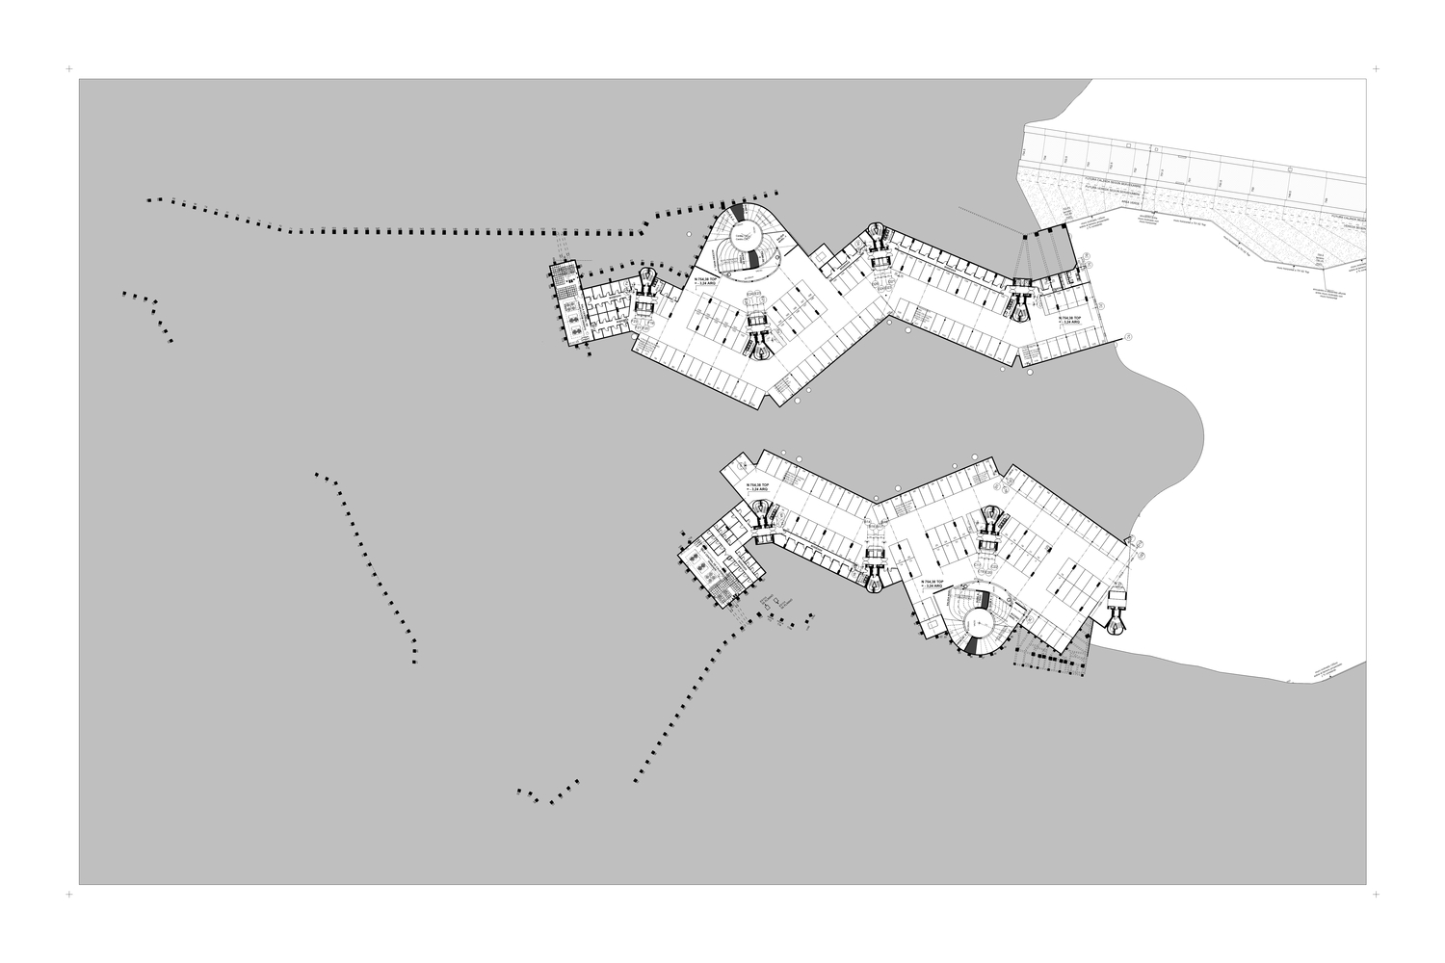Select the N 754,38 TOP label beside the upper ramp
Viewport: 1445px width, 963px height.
(704, 281)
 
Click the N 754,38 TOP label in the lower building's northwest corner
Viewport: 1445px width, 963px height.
(756, 486)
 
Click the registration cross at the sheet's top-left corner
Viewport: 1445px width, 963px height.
(68, 69)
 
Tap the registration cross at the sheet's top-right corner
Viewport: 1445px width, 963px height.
(1375, 69)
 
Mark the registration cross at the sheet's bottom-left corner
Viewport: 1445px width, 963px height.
(68, 895)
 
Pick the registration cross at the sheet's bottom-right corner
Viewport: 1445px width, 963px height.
(1375, 895)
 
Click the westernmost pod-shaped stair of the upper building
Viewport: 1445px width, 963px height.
(646, 288)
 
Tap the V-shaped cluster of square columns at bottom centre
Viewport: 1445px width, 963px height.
(548, 792)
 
